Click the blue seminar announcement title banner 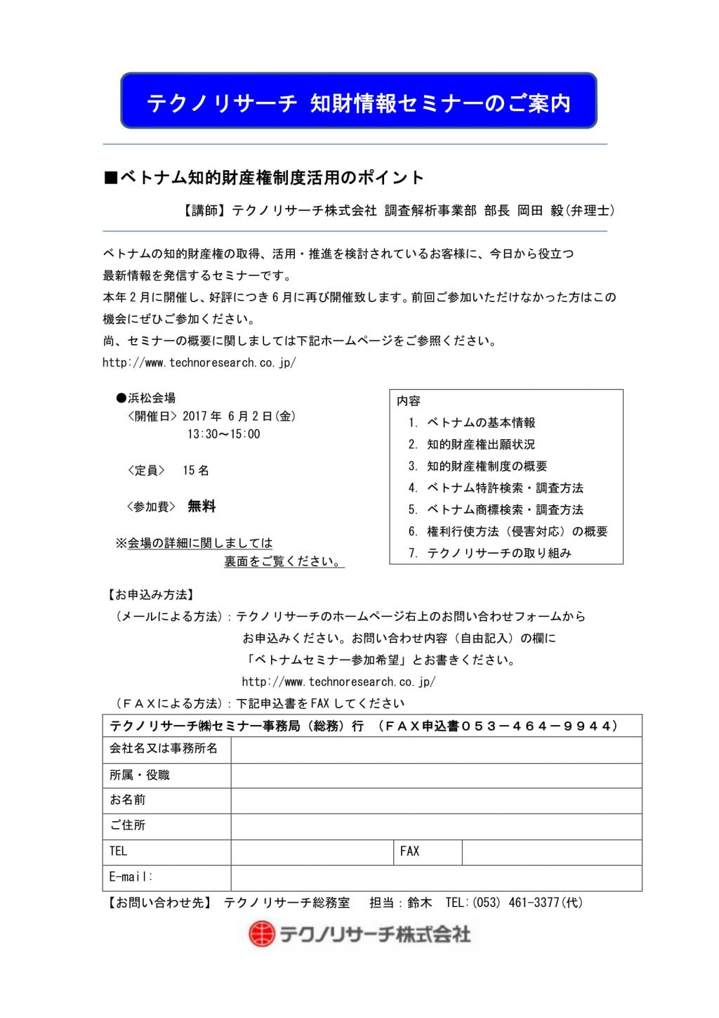pos(359,100)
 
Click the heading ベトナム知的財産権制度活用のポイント pos(264,178)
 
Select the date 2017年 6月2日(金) pos(239,416)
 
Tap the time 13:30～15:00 pos(223,434)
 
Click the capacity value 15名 pos(196,471)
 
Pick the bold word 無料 pos(202,507)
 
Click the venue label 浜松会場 pos(151,398)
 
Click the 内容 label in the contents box pos(409,401)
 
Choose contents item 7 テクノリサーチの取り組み pos(499,554)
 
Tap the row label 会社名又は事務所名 pos(163,749)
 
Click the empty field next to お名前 pos(436,801)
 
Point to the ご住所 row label pos(128,826)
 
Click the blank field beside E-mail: pos(436,877)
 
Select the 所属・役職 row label pos(140,775)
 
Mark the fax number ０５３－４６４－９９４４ pos(539,726)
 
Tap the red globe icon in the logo pos(262,934)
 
